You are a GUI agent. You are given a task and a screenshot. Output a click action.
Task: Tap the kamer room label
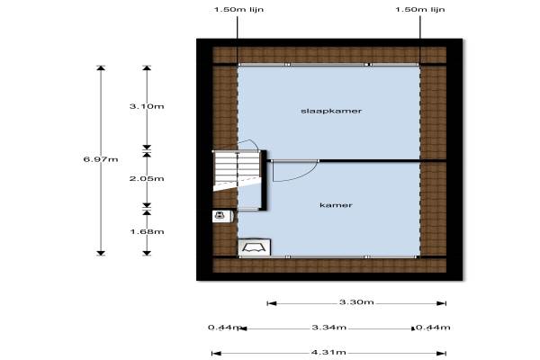coord(335,205)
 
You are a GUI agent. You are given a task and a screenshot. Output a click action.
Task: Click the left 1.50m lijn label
coord(238,10)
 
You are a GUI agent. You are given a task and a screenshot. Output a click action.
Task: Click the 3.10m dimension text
coord(147,106)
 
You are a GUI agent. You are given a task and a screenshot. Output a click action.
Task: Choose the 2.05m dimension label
coord(147,178)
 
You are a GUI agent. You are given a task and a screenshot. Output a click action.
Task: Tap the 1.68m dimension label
coord(147,230)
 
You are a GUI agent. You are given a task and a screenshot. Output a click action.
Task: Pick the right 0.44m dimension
coord(432,328)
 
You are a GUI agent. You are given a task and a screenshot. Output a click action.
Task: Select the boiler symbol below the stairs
coord(220,216)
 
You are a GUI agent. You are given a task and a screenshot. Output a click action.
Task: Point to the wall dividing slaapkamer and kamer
coord(369,160)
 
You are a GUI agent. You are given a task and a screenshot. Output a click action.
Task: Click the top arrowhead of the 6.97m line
coord(100,68)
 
